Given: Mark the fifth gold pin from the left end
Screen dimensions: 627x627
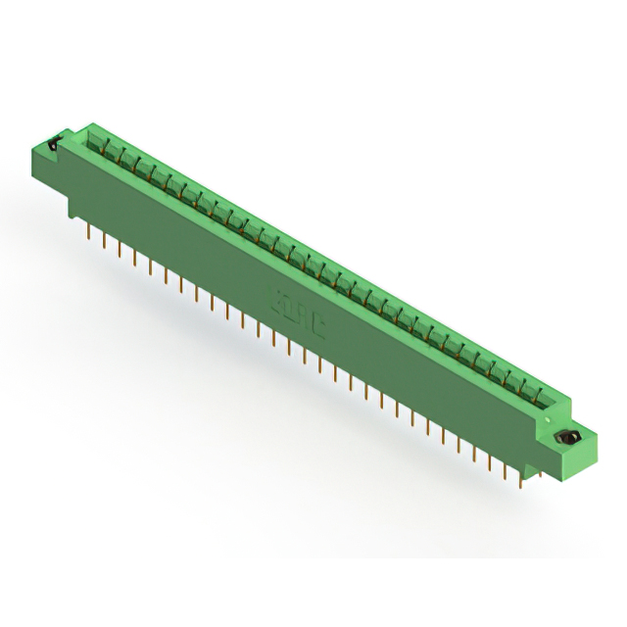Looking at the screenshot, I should coord(150,265).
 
